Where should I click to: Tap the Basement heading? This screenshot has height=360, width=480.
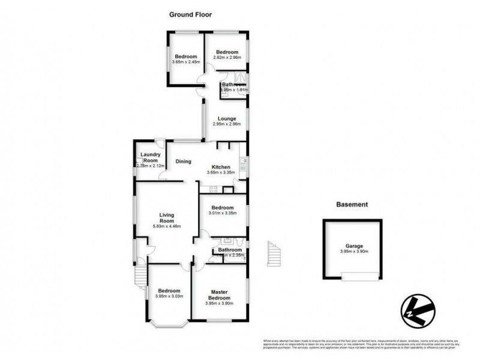[x=351, y=205]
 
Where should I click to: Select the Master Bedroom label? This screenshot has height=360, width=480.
[x=218, y=295]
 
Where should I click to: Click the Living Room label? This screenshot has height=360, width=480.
[x=166, y=217]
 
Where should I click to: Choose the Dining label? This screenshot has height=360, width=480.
[x=183, y=161]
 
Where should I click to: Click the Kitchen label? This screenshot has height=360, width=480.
[x=220, y=167]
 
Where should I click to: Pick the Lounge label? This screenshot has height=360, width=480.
[x=226, y=118]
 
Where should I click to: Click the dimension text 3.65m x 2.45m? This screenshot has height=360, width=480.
[x=185, y=62]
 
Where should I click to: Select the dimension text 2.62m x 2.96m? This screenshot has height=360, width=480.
[x=227, y=58]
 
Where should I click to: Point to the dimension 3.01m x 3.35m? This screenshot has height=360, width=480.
[x=223, y=213]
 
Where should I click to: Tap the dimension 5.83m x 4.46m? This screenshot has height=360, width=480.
[x=166, y=226]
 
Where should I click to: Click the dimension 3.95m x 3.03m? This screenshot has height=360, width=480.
[x=169, y=296]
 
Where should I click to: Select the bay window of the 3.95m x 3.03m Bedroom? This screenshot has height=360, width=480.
[x=166, y=324]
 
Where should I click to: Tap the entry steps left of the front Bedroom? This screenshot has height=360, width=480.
[x=139, y=275]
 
